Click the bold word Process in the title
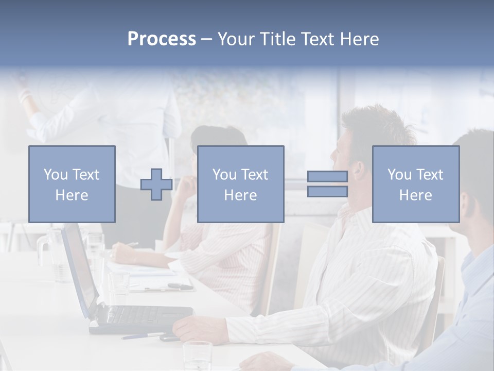click(x=162, y=39)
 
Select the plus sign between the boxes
click(x=156, y=184)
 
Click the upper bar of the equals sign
click(x=327, y=177)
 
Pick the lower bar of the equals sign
click(x=327, y=192)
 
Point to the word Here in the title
click(x=358, y=39)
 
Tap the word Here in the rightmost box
click(x=415, y=195)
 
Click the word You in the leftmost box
click(x=56, y=175)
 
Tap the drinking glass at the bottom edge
click(x=198, y=356)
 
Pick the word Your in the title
click(x=237, y=39)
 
